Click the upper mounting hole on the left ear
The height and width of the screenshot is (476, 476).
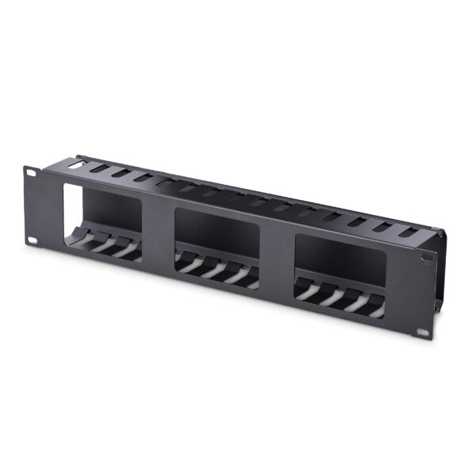[x=31, y=171]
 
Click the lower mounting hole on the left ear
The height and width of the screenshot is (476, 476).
[x=33, y=241]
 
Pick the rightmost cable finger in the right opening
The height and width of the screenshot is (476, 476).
[x=375, y=305]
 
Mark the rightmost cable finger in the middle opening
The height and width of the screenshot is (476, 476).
[x=250, y=277]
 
